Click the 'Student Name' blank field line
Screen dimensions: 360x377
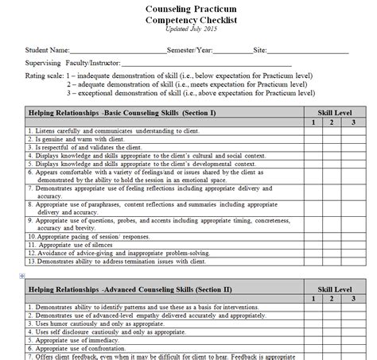(x=119, y=52)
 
